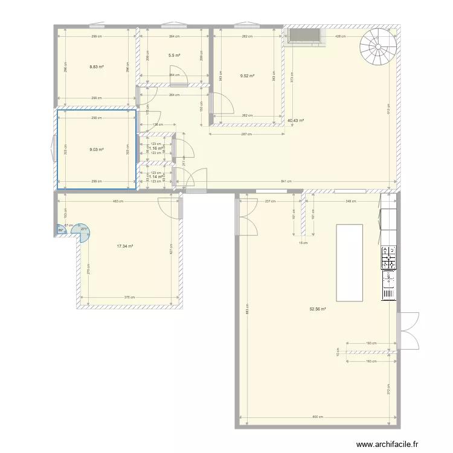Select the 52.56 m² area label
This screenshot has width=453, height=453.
tap(318, 309)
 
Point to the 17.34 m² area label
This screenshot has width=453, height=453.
tap(125, 246)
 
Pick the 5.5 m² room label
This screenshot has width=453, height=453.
tap(175, 55)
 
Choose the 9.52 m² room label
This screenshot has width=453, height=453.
tap(247, 76)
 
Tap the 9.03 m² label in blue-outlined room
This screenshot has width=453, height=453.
tap(97, 149)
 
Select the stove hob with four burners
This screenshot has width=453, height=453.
tap(388, 257)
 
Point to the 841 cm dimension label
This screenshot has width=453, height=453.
tap(286, 181)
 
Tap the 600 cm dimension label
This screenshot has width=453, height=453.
tap(318, 417)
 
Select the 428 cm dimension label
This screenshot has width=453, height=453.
tap(341, 36)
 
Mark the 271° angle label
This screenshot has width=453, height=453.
tap(85, 228)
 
